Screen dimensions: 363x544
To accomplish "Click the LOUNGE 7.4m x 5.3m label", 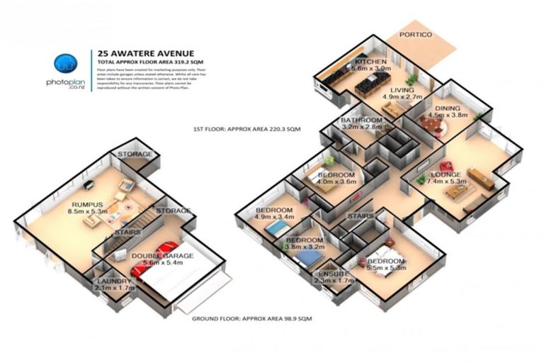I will click(446, 179).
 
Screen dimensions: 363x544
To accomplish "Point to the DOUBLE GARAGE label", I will click(163, 259).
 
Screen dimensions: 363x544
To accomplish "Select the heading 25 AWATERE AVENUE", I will click(135, 52).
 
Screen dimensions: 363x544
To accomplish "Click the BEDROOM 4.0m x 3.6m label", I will click(335, 179).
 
